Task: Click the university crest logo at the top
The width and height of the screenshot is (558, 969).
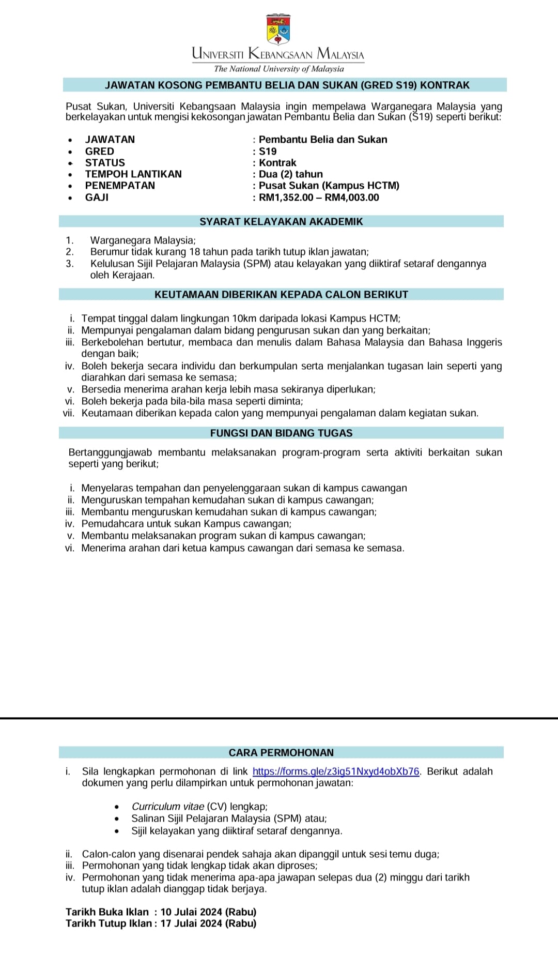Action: tap(278, 30)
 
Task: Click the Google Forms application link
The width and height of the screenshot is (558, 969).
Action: tap(336, 771)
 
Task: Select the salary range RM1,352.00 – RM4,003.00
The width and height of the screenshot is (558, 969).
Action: tap(319, 198)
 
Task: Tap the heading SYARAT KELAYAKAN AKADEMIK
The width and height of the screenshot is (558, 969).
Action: tap(281, 221)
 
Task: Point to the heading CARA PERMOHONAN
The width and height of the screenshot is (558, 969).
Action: tap(281, 752)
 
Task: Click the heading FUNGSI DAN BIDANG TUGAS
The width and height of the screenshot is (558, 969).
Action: tap(281, 433)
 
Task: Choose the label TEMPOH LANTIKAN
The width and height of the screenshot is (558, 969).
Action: tap(133, 174)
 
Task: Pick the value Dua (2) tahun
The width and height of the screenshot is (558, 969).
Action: tap(291, 174)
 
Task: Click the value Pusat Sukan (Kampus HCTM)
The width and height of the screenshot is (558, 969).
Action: tap(329, 186)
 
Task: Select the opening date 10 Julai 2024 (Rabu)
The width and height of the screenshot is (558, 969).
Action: tap(208, 912)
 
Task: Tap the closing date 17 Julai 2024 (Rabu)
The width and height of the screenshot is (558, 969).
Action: tap(208, 923)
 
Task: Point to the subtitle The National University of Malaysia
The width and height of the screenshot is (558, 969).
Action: tap(278, 69)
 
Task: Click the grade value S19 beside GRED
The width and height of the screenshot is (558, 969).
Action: tap(268, 152)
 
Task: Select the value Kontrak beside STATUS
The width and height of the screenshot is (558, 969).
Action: tap(277, 163)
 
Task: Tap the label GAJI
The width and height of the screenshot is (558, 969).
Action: tap(97, 198)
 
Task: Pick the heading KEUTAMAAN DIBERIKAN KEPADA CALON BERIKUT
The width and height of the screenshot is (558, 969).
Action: tap(281, 294)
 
